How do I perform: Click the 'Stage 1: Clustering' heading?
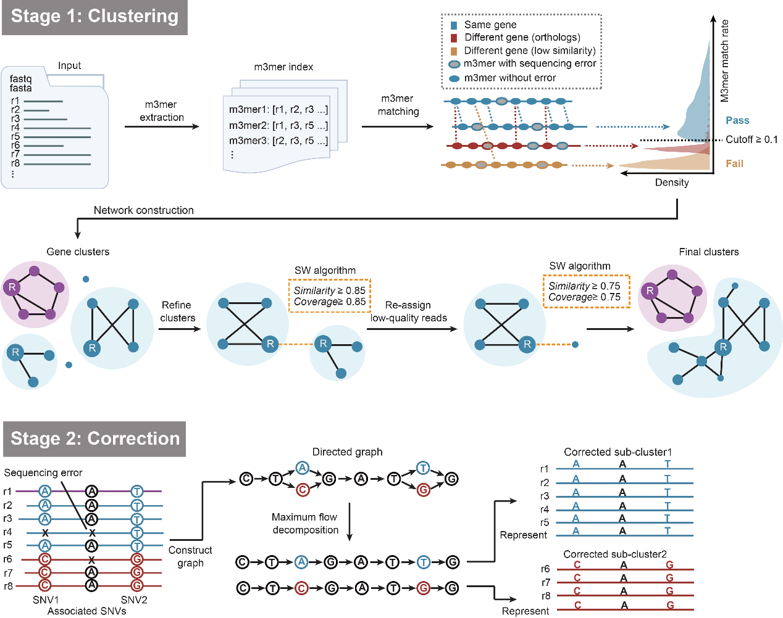[94, 17]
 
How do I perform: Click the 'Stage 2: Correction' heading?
[95, 439]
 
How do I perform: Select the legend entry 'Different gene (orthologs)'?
[522, 38]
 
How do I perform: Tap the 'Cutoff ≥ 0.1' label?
[751, 139]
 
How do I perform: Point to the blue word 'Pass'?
[737, 120]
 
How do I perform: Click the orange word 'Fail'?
[734, 163]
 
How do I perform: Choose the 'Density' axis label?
[672, 183]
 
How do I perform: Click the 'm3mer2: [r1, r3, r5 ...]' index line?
[278, 125]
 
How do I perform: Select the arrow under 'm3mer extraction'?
[162, 126]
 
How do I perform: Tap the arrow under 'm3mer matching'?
[398, 126]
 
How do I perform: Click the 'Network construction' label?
[143, 210]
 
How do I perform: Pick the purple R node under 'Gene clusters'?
[12, 287]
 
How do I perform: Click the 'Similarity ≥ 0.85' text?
[329, 290]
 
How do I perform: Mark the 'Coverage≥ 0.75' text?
[584, 297]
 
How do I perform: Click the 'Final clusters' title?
[708, 252]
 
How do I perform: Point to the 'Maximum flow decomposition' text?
[305, 524]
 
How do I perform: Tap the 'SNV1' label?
[46, 599]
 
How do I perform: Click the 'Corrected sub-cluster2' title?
[614, 554]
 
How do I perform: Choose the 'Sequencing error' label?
[43, 472]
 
